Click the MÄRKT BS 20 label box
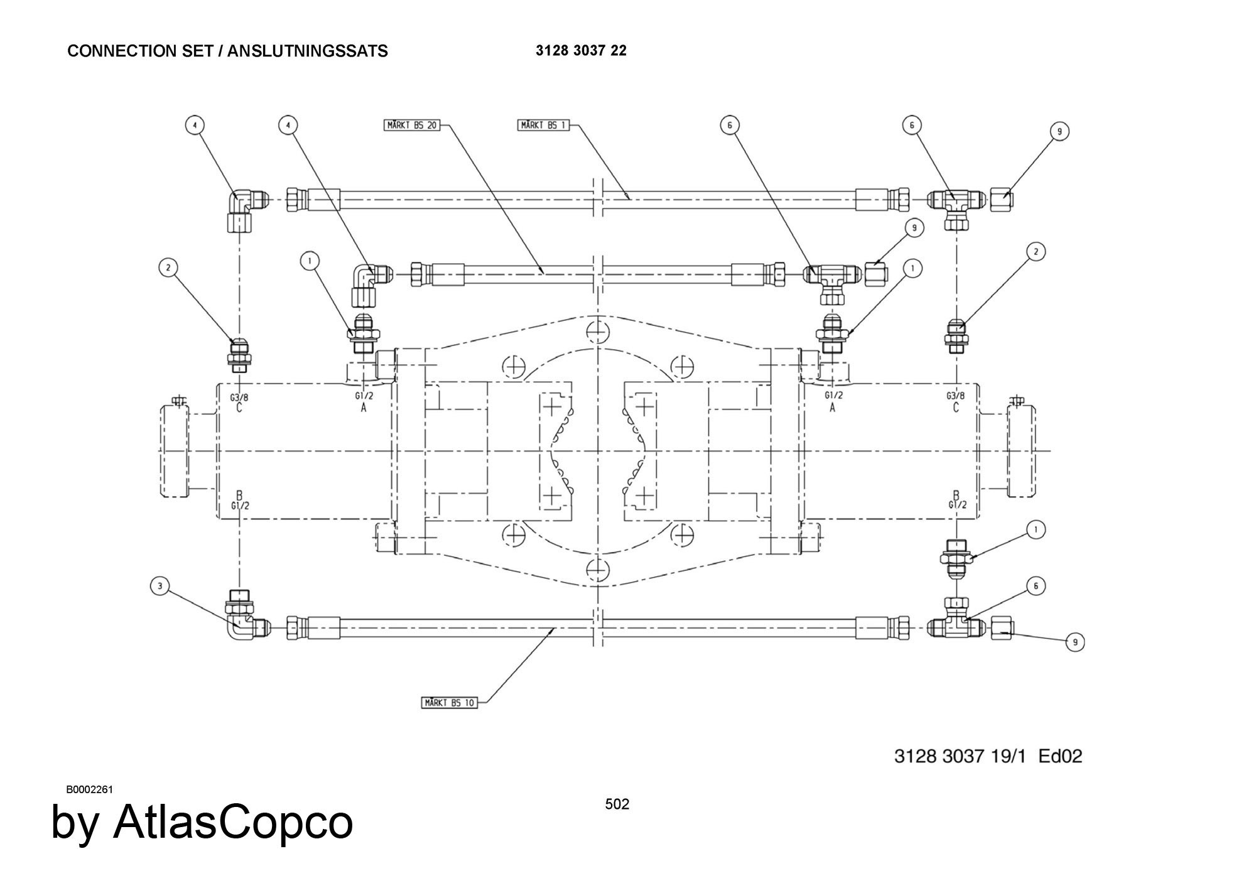(x=412, y=126)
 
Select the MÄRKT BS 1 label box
(x=543, y=126)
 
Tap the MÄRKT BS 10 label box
(x=449, y=702)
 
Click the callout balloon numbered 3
(x=160, y=587)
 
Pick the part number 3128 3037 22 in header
(x=581, y=51)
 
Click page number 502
(x=617, y=804)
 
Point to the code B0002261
(x=89, y=789)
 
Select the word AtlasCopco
(x=232, y=823)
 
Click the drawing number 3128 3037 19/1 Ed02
(x=988, y=755)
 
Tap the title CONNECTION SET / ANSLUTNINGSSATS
(x=227, y=51)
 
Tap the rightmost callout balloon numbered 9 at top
(x=1059, y=132)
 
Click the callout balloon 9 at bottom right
(x=1075, y=642)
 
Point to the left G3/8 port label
(x=239, y=397)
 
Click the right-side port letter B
(x=956, y=495)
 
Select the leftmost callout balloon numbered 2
(x=168, y=268)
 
